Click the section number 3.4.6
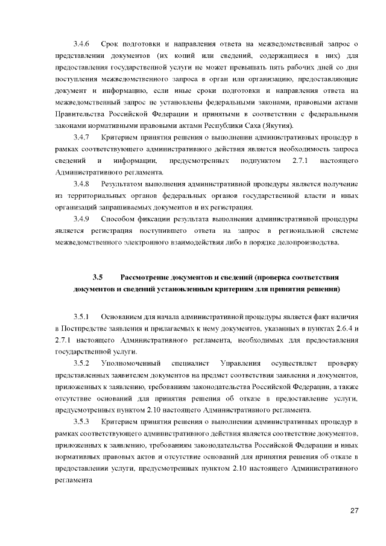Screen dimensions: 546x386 click(x=81, y=45)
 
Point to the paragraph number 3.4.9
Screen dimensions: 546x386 click(x=81, y=218)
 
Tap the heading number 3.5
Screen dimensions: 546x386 click(x=98, y=277)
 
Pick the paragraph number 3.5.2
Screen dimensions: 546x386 click(x=81, y=363)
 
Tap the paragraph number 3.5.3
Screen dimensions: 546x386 click(x=81, y=421)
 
